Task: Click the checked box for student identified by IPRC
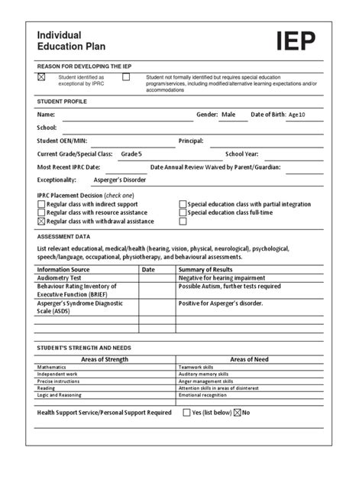42,77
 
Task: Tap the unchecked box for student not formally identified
126,77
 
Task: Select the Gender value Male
228,115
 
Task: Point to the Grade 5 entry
132,154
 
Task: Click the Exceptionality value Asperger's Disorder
119,180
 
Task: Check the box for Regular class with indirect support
41,205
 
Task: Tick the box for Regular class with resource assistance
41,213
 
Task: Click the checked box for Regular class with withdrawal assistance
41,222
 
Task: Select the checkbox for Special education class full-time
183,213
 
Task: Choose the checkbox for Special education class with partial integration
183,205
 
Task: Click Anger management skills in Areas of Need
207,381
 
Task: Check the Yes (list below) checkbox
187,412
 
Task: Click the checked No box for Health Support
237,412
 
